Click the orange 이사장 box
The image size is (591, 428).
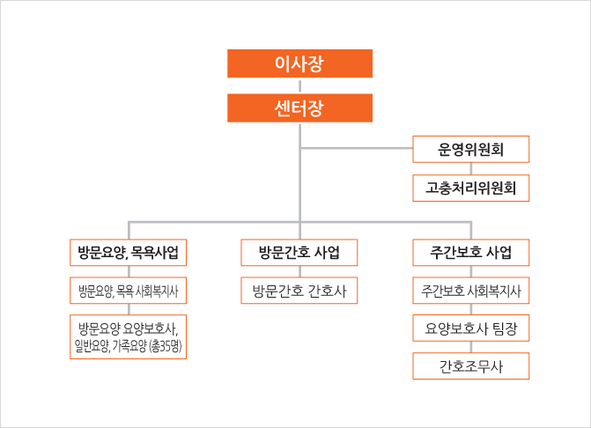coord(299,63)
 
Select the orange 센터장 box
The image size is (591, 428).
coord(299,108)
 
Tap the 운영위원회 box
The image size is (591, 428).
coord(470,149)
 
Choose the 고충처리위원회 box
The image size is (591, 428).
coord(470,188)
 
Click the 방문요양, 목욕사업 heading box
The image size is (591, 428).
coord(128,253)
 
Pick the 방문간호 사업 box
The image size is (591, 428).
coord(299,253)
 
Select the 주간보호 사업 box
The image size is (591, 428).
coord(470,253)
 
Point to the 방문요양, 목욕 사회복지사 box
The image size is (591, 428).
coord(128,291)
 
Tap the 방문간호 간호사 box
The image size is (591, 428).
coord(299,291)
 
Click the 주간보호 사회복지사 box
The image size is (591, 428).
coord(470,291)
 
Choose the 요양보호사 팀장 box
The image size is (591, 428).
coord(470,328)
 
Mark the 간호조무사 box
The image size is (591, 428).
coord(470,365)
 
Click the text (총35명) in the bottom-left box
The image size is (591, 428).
coord(166,346)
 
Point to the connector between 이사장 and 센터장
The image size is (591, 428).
coord(299,86)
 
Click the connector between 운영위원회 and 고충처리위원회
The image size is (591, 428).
coord(470,169)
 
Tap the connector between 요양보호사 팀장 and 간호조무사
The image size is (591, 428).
coord(470,347)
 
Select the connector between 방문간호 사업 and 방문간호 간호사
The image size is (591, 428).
coord(299,271)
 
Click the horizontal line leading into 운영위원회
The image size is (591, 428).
coord(357,148)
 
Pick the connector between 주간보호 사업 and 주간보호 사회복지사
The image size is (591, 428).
coord(470,271)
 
